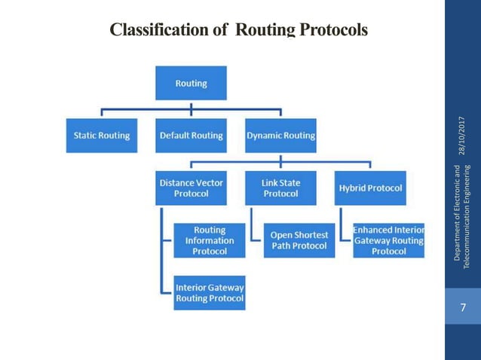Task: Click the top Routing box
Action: click(x=191, y=83)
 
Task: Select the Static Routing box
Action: click(x=101, y=136)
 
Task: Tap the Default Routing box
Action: click(x=191, y=136)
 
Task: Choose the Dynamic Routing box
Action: click(x=280, y=136)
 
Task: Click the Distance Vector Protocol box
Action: click(x=191, y=188)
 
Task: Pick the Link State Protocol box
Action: click(x=280, y=188)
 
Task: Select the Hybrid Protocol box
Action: click(x=370, y=188)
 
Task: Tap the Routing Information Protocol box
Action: click(x=209, y=240)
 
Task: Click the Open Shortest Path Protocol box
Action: click(x=299, y=240)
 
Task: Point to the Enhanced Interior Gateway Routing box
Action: click(x=388, y=240)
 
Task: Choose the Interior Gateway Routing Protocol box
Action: click(x=209, y=292)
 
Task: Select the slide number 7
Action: click(x=462, y=307)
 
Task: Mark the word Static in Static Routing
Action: click(x=86, y=136)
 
